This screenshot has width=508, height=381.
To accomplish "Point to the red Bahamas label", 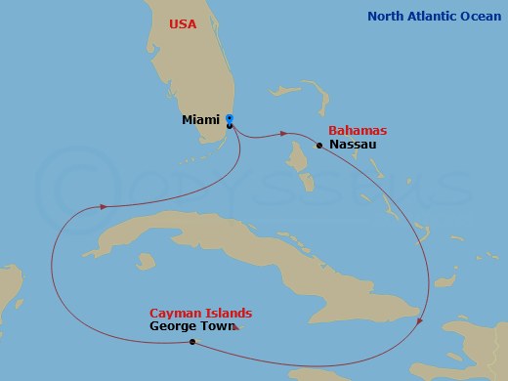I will coord(358,130).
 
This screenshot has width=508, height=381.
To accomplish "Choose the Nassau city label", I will coord(354,145).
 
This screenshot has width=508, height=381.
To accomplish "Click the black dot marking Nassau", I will coord(319,146).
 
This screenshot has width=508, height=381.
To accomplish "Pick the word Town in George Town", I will coord(218,326).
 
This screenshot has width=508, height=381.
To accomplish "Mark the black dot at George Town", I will coord(192,342).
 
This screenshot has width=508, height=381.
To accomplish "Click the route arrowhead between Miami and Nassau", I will coord(285,133).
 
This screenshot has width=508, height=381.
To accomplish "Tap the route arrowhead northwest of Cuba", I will coord(102,206).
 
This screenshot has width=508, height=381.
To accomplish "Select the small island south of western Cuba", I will coord(148,262).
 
